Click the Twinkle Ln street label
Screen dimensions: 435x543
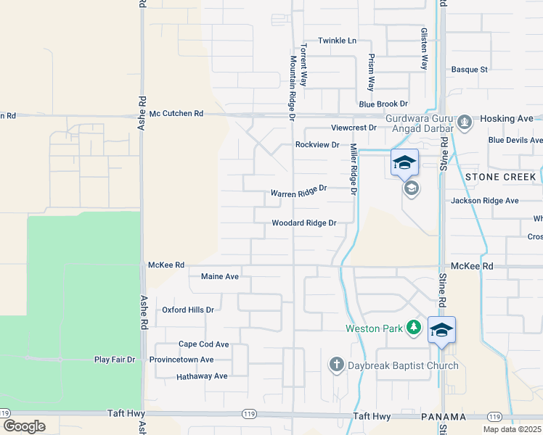[337, 41]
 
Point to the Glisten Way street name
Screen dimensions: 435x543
[424, 49]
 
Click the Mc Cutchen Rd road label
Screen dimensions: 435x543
[176, 114]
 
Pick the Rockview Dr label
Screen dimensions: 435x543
[317, 144]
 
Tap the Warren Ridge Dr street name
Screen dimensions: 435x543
[299, 192]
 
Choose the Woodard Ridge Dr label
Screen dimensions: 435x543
[303, 223]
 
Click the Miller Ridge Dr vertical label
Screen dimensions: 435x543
[354, 168]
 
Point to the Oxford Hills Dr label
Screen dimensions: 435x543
[187, 310]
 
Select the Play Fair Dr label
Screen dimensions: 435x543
[115, 360]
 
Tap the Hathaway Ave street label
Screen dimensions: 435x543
[202, 376]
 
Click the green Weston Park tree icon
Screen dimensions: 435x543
[413, 328]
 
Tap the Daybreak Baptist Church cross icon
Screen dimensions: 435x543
[336, 365]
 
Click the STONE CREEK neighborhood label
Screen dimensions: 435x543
[500, 177]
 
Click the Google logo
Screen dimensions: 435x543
[24, 426]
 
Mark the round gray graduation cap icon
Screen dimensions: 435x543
[411, 189]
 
